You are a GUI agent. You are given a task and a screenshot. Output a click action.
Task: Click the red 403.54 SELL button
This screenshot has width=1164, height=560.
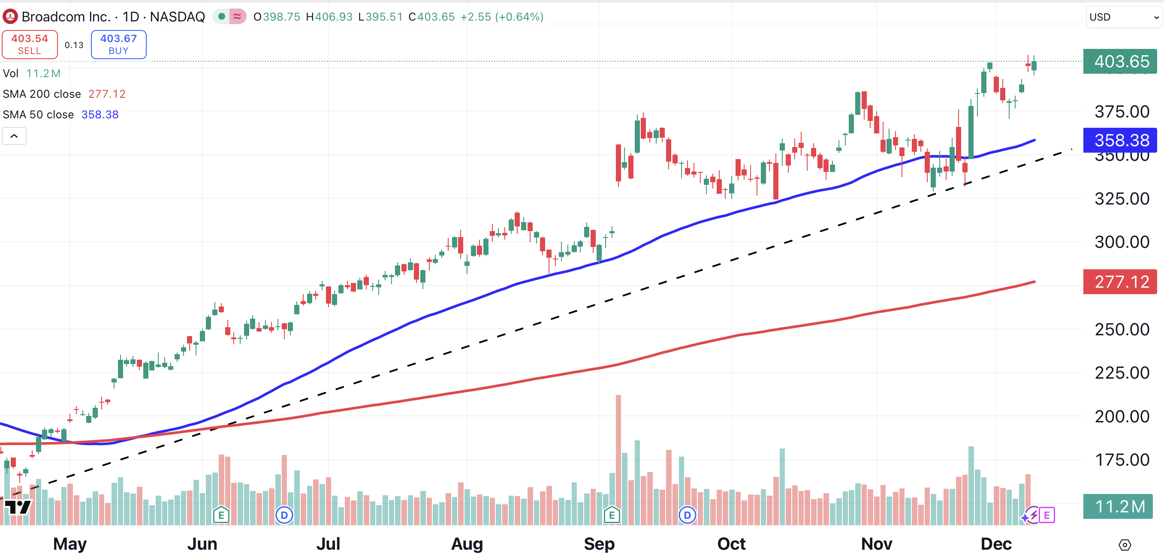pyautogui.click(x=29, y=44)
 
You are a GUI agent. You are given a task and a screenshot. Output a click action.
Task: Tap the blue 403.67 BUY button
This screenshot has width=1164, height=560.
pyautogui.click(x=118, y=44)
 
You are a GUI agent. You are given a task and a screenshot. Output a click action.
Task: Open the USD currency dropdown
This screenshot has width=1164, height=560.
pyautogui.click(x=1123, y=17)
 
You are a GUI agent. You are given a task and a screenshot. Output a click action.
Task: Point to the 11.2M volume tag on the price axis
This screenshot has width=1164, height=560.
pyautogui.click(x=1118, y=506)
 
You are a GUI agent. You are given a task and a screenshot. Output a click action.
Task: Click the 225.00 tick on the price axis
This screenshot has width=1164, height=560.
pyautogui.click(x=1122, y=373)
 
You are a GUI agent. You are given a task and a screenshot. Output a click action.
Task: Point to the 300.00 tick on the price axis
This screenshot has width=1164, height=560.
pyautogui.click(x=1122, y=242)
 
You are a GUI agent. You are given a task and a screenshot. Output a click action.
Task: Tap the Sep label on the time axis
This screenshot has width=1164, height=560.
pyautogui.click(x=599, y=544)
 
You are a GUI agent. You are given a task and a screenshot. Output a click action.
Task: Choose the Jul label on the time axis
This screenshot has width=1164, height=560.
pyautogui.click(x=328, y=544)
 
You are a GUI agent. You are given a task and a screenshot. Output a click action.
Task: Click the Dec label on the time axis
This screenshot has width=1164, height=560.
pyautogui.click(x=995, y=544)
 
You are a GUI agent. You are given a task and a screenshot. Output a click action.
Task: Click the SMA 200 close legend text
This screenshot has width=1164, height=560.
pyautogui.click(x=42, y=94)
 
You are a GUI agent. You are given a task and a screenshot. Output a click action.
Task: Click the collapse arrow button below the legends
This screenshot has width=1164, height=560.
pyautogui.click(x=14, y=136)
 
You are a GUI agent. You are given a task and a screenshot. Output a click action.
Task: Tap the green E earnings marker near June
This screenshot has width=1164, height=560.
pyautogui.click(x=221, y=515)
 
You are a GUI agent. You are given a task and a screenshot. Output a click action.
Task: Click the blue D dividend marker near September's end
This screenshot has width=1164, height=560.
pyautogui.click(x=687, y=515)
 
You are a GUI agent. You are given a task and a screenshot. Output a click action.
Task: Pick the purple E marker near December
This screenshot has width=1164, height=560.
pyautogui.click(x=1046, y=515)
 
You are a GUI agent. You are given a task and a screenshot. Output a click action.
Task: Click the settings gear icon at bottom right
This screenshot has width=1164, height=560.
pyautogui.click(x=1125, y=545)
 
